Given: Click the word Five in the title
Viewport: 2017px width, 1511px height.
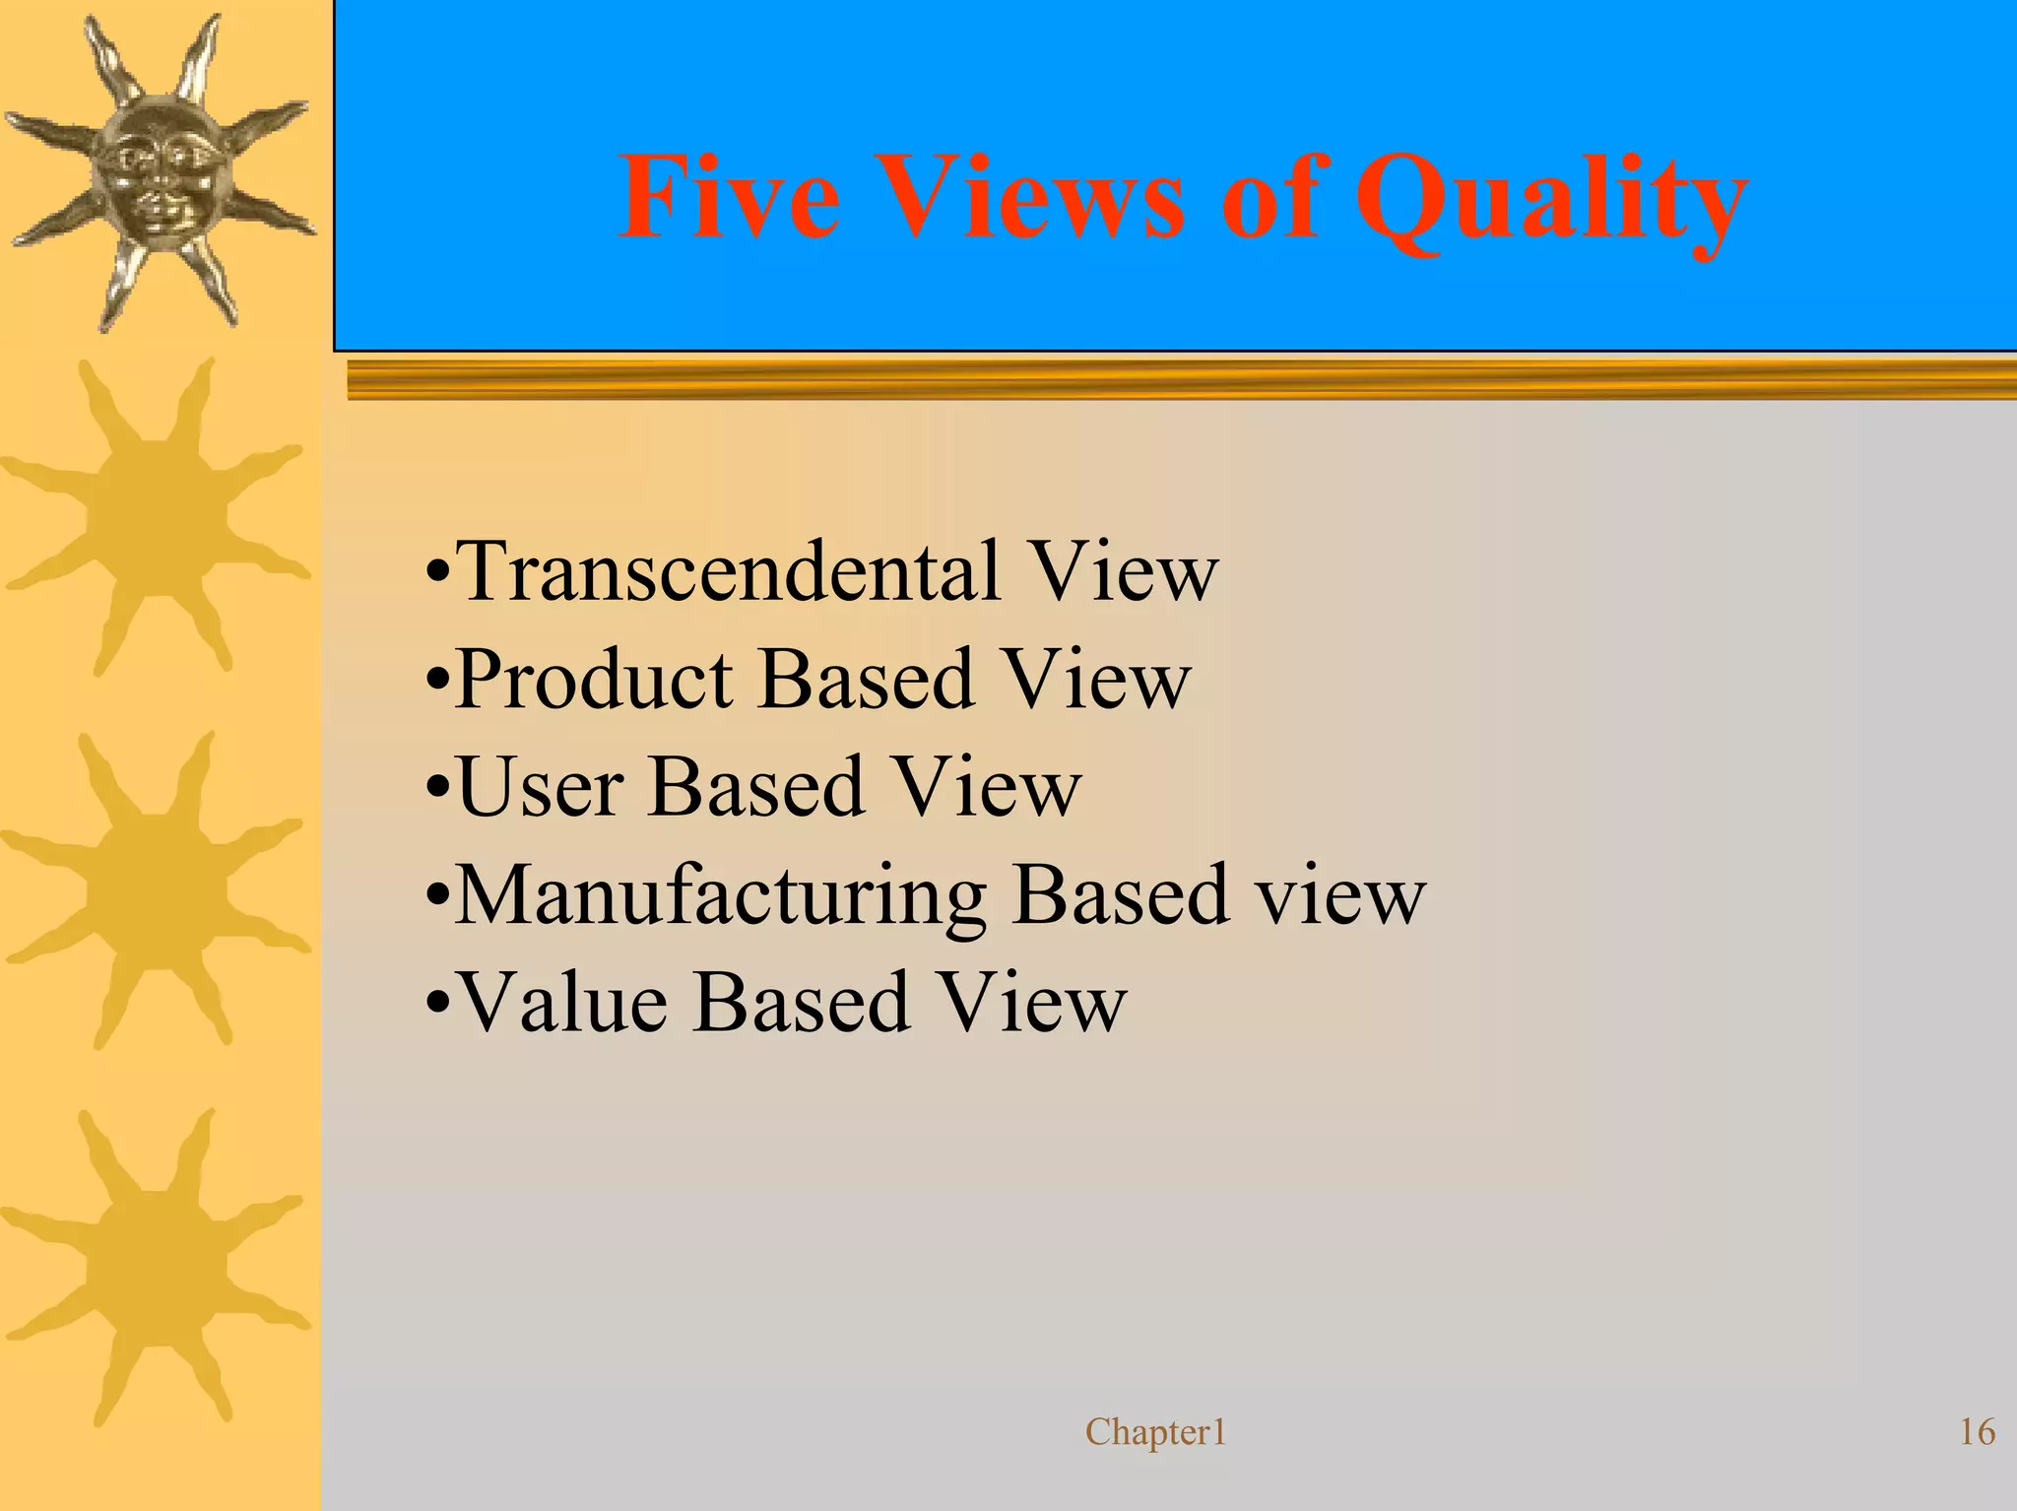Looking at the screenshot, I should click(729, 199).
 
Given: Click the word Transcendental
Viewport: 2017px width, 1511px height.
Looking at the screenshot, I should click(730, 571).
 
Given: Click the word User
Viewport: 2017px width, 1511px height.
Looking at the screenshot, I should click(541, 787).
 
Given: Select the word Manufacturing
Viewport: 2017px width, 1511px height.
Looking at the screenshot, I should click(720, 897).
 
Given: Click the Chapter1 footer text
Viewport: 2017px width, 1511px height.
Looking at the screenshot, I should click(1155, 1432).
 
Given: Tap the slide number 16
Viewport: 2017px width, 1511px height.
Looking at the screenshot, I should click(1977, 1432).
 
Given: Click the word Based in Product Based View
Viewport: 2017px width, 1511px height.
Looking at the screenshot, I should click(866, 680).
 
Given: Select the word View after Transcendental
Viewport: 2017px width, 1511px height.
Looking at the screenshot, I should click(1122, 571).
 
